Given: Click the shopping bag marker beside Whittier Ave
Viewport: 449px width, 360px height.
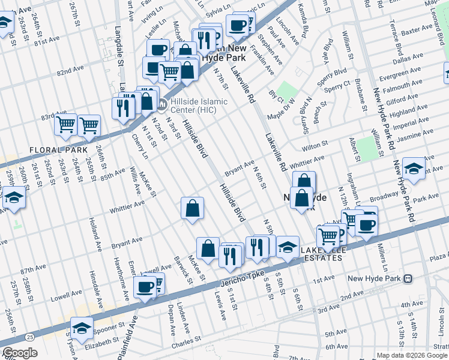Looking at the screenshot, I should click(192, 209).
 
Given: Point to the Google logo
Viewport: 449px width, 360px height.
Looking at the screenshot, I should click(20, 353).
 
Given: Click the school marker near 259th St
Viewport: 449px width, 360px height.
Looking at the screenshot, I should click(13, 197).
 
